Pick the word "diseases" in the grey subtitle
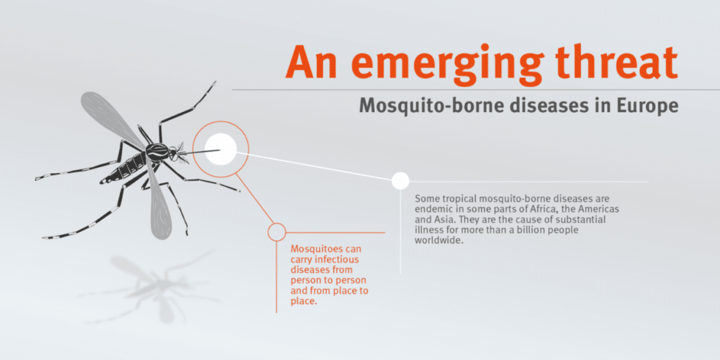pyautogui.click(x=539, y=106)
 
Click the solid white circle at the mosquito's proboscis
pyautogui.click(x=220, y=149)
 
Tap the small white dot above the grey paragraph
pyautogui.click(x=401, y=181)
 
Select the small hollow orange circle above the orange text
pyautogui.click(x=276, y=232)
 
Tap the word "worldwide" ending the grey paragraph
pyautogui.click(x=436, y=240)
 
